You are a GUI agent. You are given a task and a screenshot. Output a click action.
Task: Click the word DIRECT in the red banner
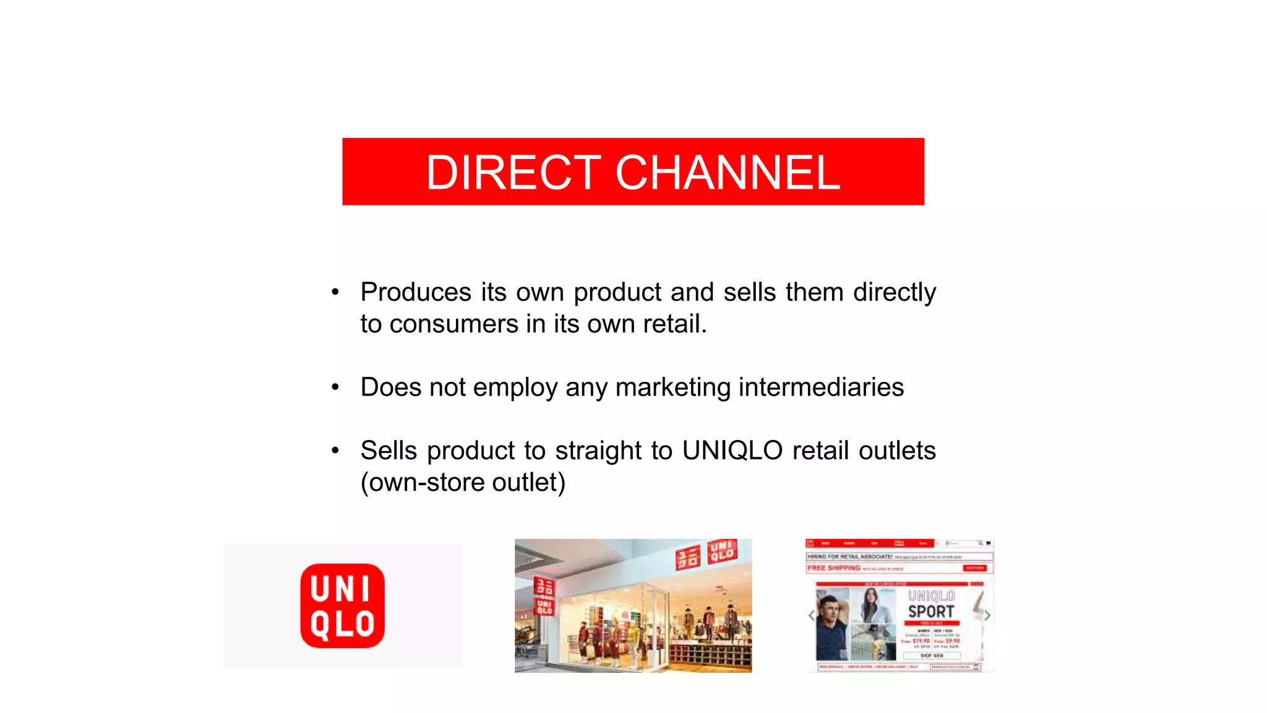(513, 173)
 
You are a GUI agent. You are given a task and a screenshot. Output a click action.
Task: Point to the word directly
(894, 292)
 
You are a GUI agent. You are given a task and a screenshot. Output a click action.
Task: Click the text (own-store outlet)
(463, 483)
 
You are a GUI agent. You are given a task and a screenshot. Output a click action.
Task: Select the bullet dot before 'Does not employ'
(335, 387)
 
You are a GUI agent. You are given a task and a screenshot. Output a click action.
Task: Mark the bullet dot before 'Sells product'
(335, 451)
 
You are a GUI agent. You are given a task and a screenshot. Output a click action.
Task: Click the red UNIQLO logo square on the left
(342, 606)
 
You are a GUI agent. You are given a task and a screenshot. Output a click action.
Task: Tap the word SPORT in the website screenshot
(931, 611)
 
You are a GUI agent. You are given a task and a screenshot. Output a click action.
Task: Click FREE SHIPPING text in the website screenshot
(833, 568)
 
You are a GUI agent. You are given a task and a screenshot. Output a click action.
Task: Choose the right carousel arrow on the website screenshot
(987, 615)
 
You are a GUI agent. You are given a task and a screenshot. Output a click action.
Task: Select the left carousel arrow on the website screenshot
(812, 615)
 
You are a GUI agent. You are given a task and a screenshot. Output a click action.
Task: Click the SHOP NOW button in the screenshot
(931, 655)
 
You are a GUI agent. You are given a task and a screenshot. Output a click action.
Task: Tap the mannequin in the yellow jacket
(634, 644)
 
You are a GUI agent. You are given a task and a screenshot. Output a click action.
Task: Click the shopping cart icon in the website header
(988, 543)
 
